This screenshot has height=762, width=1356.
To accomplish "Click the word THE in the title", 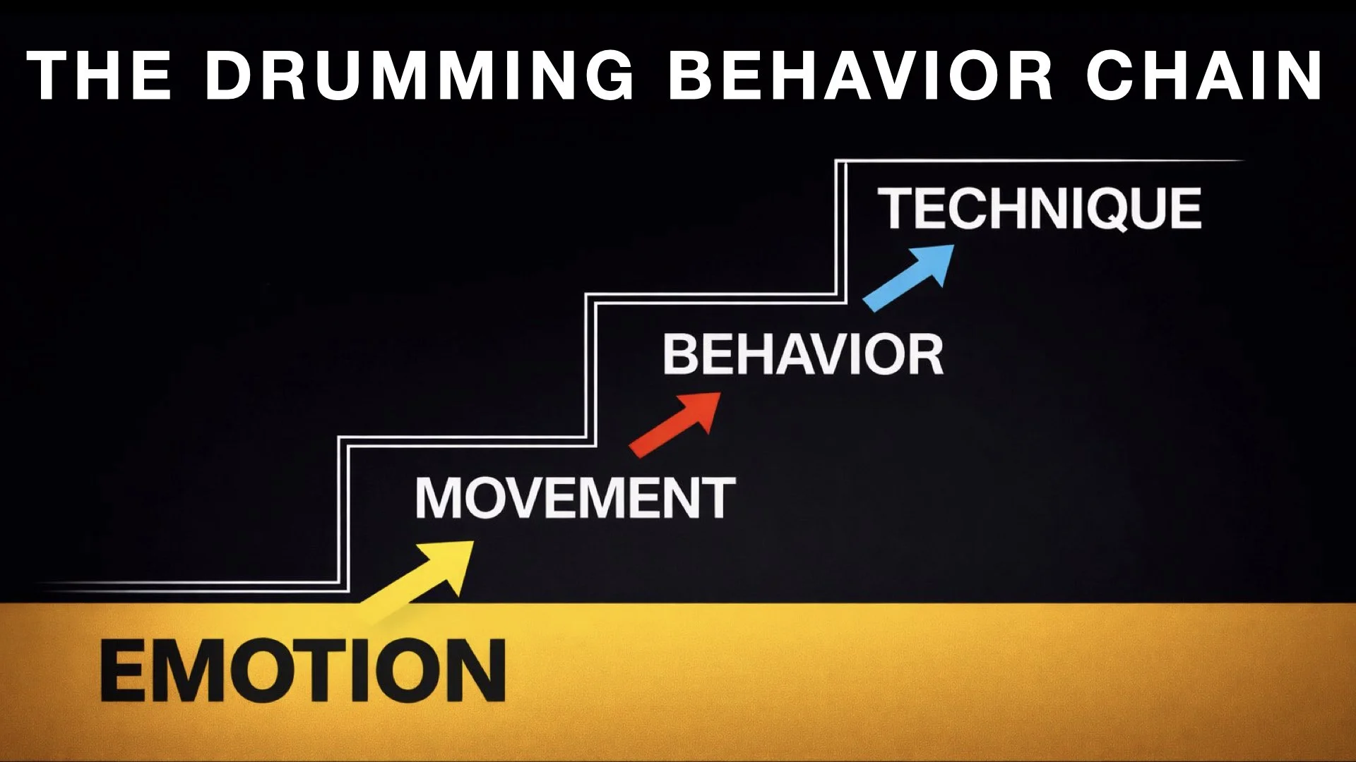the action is click(x=99, y=75).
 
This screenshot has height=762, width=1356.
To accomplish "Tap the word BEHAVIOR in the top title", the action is click(x=860, y=75).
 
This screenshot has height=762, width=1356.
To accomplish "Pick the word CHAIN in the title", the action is click(x=1204, y=75).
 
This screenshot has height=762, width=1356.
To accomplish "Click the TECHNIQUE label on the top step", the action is click(x=1039, y=209).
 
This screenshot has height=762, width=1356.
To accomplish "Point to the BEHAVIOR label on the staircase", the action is click(x=803, y=354).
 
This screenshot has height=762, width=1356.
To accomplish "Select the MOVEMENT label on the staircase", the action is click(x=575, y=498).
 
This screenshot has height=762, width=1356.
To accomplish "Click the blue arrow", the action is click(x=909, y=277).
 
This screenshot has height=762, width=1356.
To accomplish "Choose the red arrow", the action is click(x=675, y=424).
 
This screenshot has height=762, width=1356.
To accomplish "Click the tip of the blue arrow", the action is click(x=951, y=247).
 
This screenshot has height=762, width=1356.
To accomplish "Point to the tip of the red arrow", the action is click(x=719, y=394).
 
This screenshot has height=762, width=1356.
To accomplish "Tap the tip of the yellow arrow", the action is click(x=472, y=543).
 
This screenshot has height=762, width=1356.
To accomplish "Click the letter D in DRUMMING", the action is click(x=230, y=75).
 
